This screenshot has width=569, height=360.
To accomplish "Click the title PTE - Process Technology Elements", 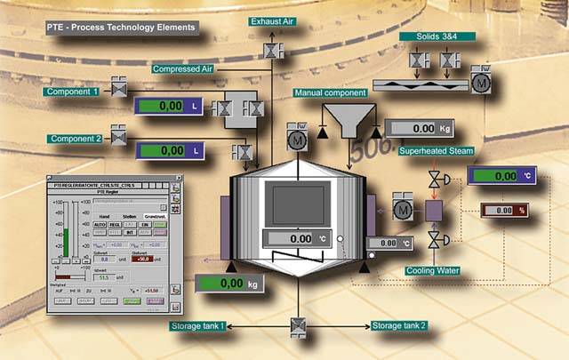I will point(121,28).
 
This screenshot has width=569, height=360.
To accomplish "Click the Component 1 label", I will point(74,92).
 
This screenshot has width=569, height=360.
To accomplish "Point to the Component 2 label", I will point(74,139).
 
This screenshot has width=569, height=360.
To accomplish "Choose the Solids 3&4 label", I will point(437,36).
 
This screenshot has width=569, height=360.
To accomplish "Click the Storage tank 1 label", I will point(200,326).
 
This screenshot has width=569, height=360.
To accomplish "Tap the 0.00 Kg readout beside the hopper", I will point(427,129).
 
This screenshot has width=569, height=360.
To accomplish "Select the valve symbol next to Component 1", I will point(118,89).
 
